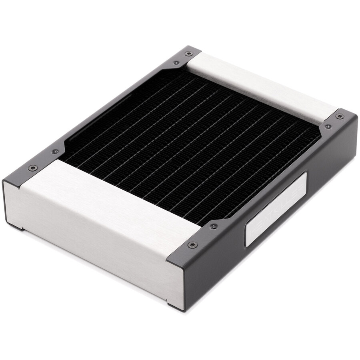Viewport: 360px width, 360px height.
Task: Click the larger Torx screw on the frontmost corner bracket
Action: coord(192,245)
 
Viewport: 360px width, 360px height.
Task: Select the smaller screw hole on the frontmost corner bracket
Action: coord(214,226)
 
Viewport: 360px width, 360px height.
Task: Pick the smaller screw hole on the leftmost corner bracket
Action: coord(55,152)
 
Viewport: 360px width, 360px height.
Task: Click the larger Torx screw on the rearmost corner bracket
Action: coord(188,54)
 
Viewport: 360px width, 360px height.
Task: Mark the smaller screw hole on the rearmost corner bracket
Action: coord(176,63)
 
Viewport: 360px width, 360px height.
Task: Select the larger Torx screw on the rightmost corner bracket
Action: coord(340,116)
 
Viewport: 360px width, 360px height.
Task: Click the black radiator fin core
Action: coord(192,144)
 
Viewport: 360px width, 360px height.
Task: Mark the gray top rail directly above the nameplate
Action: coord(272,176)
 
